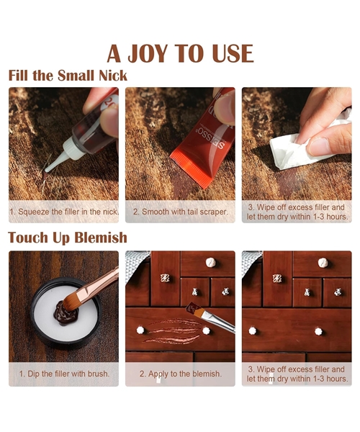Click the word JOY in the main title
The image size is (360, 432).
(x=148, y=53)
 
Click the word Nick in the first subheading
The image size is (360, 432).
(x=113, y=76)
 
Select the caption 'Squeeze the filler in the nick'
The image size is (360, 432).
(x=64, y=212)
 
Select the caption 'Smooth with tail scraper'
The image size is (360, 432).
(x=181, y=212)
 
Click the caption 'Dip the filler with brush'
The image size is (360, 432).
(x=64, y=374)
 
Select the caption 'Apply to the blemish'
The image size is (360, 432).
(x=181, y=374)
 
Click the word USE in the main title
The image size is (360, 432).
(x=233, y=53)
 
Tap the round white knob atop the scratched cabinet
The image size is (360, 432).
(x=211, y=262)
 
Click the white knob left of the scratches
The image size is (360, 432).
(x=140, y=330)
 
